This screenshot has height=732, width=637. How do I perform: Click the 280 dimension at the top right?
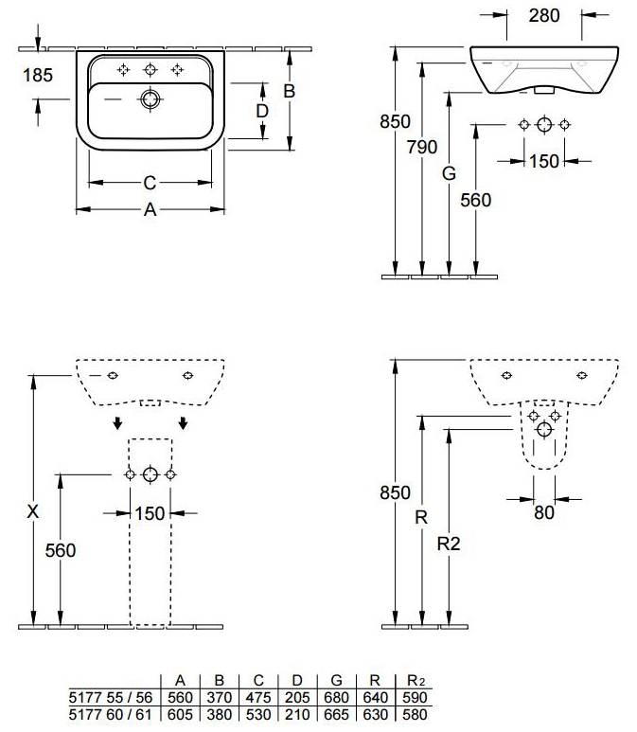click(x=544, y=15)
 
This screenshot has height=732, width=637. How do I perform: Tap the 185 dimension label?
click(x=38, y=75)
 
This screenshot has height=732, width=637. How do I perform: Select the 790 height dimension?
click(x=422, y=147)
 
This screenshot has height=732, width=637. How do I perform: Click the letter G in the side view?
click(x=449, y=173)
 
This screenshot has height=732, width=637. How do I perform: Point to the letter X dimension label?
click(x=33, y=511)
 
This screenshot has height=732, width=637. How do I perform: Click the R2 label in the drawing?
click(x=449, y=544)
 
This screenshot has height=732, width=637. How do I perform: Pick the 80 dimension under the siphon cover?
click(x=544, y=512)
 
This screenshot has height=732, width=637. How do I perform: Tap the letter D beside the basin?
click(x=262, y=111)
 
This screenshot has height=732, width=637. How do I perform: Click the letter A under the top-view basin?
click(x=150, y=209)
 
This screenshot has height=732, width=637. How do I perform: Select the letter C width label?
click(x=150, y=183)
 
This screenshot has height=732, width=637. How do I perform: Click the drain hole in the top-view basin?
click(x=150, y=99)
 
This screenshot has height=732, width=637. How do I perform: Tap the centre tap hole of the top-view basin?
click(x=150, y=70)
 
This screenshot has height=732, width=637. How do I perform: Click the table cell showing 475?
click(x=258, y=698)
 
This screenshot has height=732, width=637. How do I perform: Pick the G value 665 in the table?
click(x=336, y=714)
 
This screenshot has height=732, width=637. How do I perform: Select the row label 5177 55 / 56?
click(x=111, y=698)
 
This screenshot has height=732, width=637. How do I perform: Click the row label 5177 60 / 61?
click(x=111, y=714)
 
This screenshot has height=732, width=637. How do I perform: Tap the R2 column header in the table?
click(x=415, y=681)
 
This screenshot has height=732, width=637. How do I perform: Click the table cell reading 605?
click(x=180, y=714)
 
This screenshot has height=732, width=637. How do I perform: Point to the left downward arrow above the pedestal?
click(x=118, y=423)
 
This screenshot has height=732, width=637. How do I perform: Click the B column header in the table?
click(x=219, y=681)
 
